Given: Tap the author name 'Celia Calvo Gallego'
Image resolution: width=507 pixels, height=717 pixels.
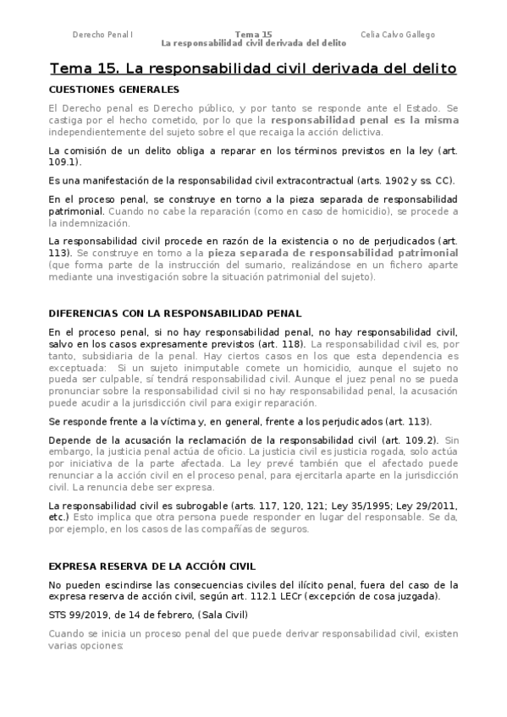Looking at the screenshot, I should (x=398, y=35).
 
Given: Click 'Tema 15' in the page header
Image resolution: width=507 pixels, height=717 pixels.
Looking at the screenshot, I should (x=253, y=35).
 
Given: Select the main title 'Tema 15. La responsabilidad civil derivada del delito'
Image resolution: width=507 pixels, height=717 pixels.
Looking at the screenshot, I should (x=253, y=68).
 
